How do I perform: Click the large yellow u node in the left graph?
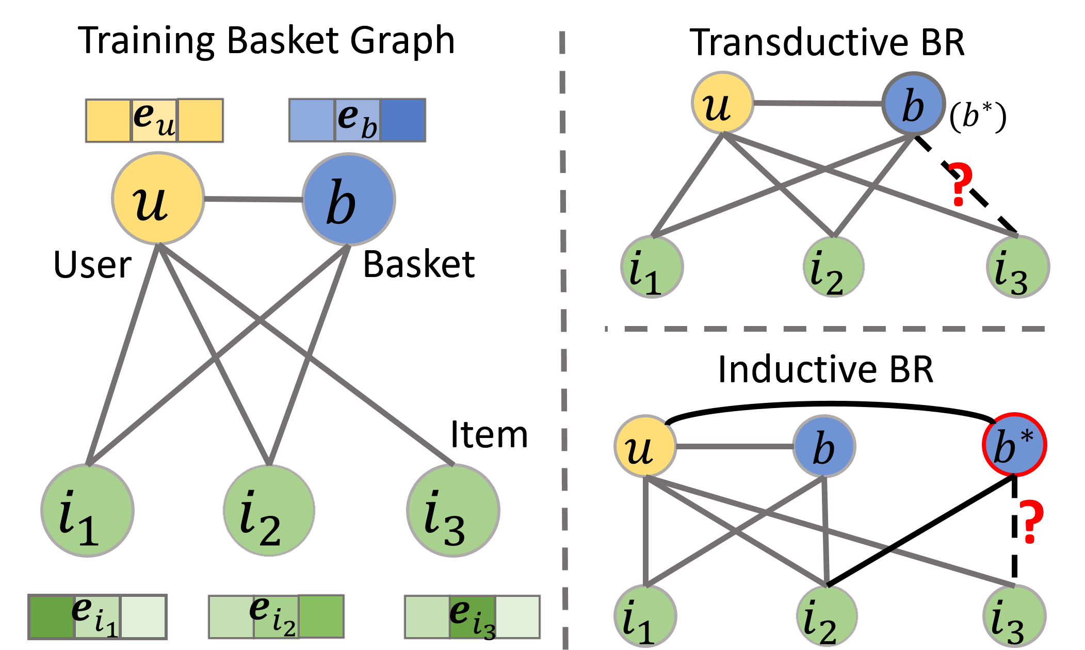pos(158,199)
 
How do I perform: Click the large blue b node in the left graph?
pos(348,200)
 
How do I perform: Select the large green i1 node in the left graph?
pos(88,510)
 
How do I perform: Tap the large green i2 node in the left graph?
pos(269,510)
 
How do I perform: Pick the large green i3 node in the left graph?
pos(453,510)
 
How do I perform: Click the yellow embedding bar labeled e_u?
pos(154,120)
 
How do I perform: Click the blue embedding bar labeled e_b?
pos(357,120)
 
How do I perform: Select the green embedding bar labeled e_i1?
pos(98,616)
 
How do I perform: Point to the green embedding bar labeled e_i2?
pos(276,616)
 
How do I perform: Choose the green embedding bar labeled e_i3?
pos(472,616)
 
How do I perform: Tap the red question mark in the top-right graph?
pos(960,184)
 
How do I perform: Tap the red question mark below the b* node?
pos(1031,522)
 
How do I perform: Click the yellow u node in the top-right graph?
pos(722,103)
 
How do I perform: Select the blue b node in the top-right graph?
pos(913,104)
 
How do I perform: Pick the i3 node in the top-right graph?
pos(1018,267)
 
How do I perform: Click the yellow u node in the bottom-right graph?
pos(645,446)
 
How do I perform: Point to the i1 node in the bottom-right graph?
pos(645,616)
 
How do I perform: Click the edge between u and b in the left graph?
pos(253,200)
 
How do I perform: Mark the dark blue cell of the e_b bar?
pos(403,120)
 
